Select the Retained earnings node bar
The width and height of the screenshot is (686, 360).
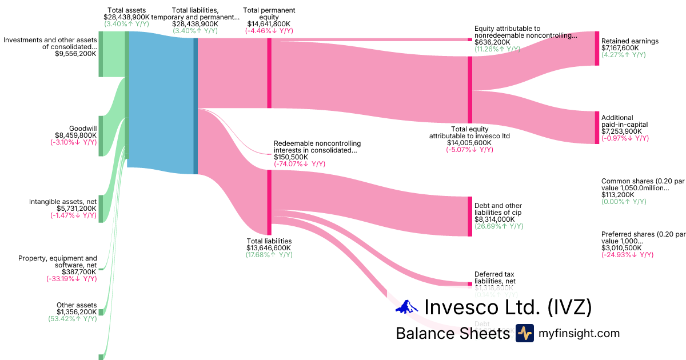pyautogui.click(x=597, y=49)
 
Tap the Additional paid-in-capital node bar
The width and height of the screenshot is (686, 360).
pyautogui.click(x=597, y=127)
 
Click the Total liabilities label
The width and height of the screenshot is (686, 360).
pyautogui.click(x=269, y=241)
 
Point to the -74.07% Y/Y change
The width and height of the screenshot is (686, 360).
pyautogui.click(x=300, y=164)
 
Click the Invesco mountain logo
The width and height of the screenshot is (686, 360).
pyautogui.click(x=407, y=307)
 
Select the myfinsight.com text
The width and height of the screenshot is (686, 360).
pyautogui.click(x=579, y=333)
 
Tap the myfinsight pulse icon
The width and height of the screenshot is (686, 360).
pyautogui.click(x=524, y=333)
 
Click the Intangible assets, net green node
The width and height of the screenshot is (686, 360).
pyautogui.click(x=101, y=209)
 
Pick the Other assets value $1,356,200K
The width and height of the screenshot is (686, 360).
pyautogui.click(x=77, y=312)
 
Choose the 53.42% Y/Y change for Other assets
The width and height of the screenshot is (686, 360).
pyautogui.click(x=73, y=319)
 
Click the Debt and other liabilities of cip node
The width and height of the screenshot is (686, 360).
pyautogui.click(x=470, y=216)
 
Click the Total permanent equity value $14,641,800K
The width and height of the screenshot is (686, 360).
pyautogui.click(x=269, y=24)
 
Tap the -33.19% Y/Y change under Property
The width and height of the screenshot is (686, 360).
pyautogui.click(x=71, y=279)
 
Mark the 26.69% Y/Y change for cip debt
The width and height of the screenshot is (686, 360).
pyautogui.click(x=498, y=226)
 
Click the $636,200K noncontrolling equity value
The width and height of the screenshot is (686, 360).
pyautogui.click(x=493, y=42)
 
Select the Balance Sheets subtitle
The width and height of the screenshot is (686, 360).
pyautogui.click(x=452, y=333)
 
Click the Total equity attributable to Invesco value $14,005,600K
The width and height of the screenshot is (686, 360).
pyautogui.click(x=469, y=143)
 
